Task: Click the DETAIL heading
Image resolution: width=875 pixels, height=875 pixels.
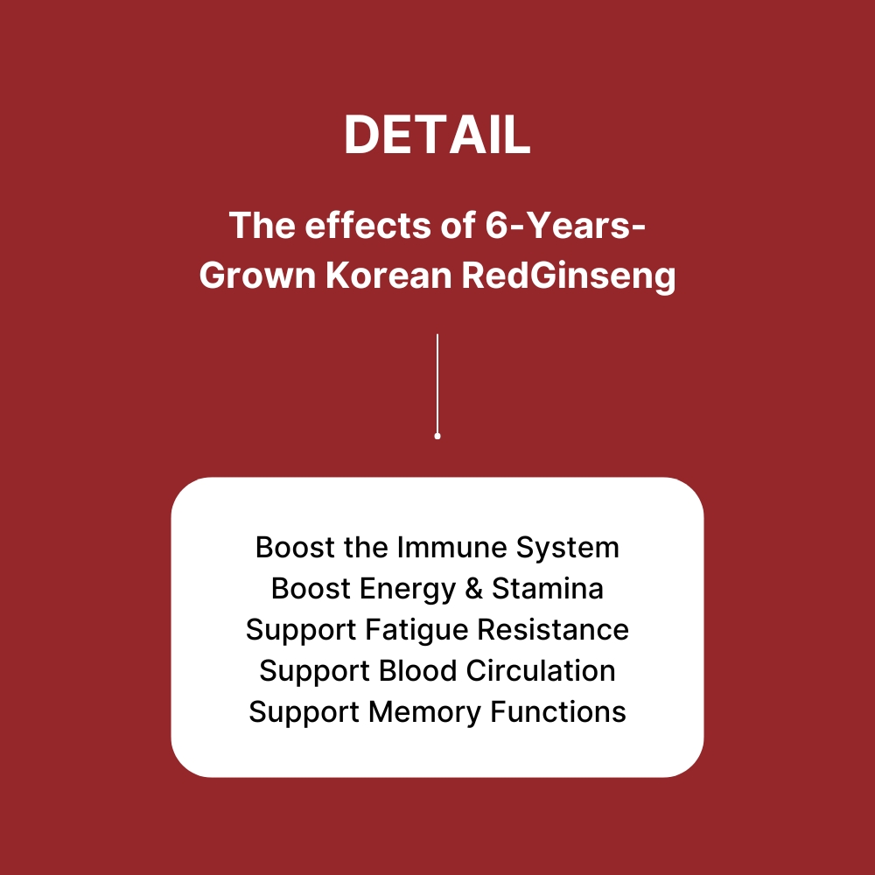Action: [437, 136]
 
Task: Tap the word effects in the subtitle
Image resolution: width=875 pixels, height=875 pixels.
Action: [339, 227]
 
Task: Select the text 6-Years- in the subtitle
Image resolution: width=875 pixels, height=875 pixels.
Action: [565, 227]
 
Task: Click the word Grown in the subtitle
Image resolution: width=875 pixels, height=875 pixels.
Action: [258, 276]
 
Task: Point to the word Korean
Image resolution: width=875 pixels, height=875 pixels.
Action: [388, 276]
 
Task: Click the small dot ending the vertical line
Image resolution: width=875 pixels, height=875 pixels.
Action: [437, 436]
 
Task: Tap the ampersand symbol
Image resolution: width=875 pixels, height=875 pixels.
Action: [474, 589]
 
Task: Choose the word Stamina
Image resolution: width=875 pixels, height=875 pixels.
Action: [548, 589]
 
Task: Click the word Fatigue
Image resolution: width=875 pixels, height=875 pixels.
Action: [411, 631]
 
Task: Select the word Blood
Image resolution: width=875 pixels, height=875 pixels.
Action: [418, 671]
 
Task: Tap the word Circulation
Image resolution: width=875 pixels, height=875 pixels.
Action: [541, 671]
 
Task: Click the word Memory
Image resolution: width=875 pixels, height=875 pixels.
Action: [424, 713]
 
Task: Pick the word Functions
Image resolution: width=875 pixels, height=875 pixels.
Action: [558, 712]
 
